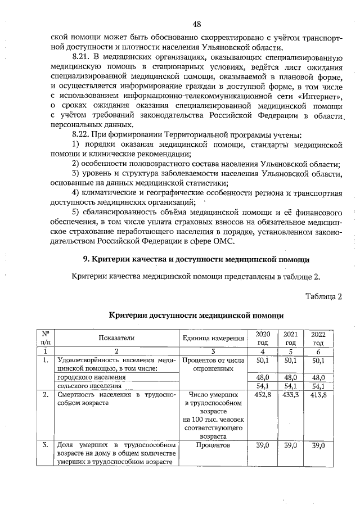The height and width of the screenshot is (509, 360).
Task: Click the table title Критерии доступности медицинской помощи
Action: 196,317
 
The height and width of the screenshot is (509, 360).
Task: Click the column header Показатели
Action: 116,337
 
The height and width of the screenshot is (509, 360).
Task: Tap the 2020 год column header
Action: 263,337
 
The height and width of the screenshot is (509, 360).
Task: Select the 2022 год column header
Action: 318,338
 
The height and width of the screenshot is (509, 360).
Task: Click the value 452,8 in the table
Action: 263,395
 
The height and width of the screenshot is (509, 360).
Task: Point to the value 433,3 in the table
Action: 290,395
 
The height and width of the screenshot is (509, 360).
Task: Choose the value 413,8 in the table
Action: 318,395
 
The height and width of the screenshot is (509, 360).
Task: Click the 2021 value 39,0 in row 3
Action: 290,444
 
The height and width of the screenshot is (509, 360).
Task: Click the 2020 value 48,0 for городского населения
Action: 263,377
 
